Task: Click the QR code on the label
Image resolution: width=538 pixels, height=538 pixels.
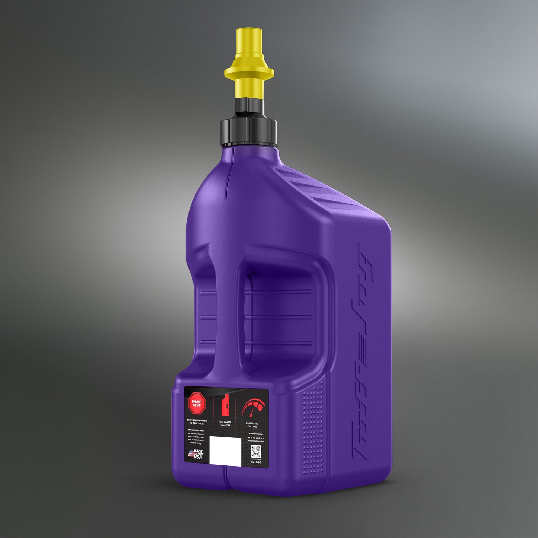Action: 255,451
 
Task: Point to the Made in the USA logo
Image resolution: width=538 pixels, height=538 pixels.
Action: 196,454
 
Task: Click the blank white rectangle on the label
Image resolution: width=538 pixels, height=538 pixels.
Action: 225,450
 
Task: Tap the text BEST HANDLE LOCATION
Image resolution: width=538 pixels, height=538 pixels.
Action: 225,423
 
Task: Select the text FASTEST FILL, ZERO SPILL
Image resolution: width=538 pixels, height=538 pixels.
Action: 252,425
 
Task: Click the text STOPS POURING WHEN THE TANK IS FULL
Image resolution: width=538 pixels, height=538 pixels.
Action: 197,422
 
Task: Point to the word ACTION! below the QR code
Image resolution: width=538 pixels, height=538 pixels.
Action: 256,462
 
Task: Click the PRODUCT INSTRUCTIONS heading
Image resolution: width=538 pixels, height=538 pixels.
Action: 195,430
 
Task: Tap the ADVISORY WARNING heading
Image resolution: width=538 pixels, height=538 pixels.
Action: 255,434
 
